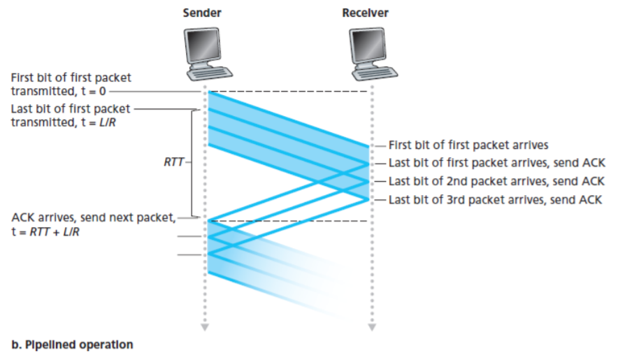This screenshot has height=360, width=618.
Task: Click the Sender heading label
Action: (202, 13)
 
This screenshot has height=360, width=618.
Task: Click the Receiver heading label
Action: (365, 13)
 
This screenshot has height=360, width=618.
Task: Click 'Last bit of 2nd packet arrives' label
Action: (496, 181)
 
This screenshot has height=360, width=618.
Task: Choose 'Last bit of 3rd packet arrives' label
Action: (496, 199)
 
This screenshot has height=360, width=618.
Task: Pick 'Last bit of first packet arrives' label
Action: (496, 164)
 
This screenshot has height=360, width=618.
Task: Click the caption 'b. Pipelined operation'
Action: (72, 345)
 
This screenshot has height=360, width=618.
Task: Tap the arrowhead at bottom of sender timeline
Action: (204, 326)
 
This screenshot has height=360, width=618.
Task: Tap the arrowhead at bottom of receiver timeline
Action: (371, 326)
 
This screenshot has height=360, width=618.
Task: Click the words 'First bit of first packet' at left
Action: (71, 78)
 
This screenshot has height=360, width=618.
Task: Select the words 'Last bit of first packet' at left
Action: (71, 109)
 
